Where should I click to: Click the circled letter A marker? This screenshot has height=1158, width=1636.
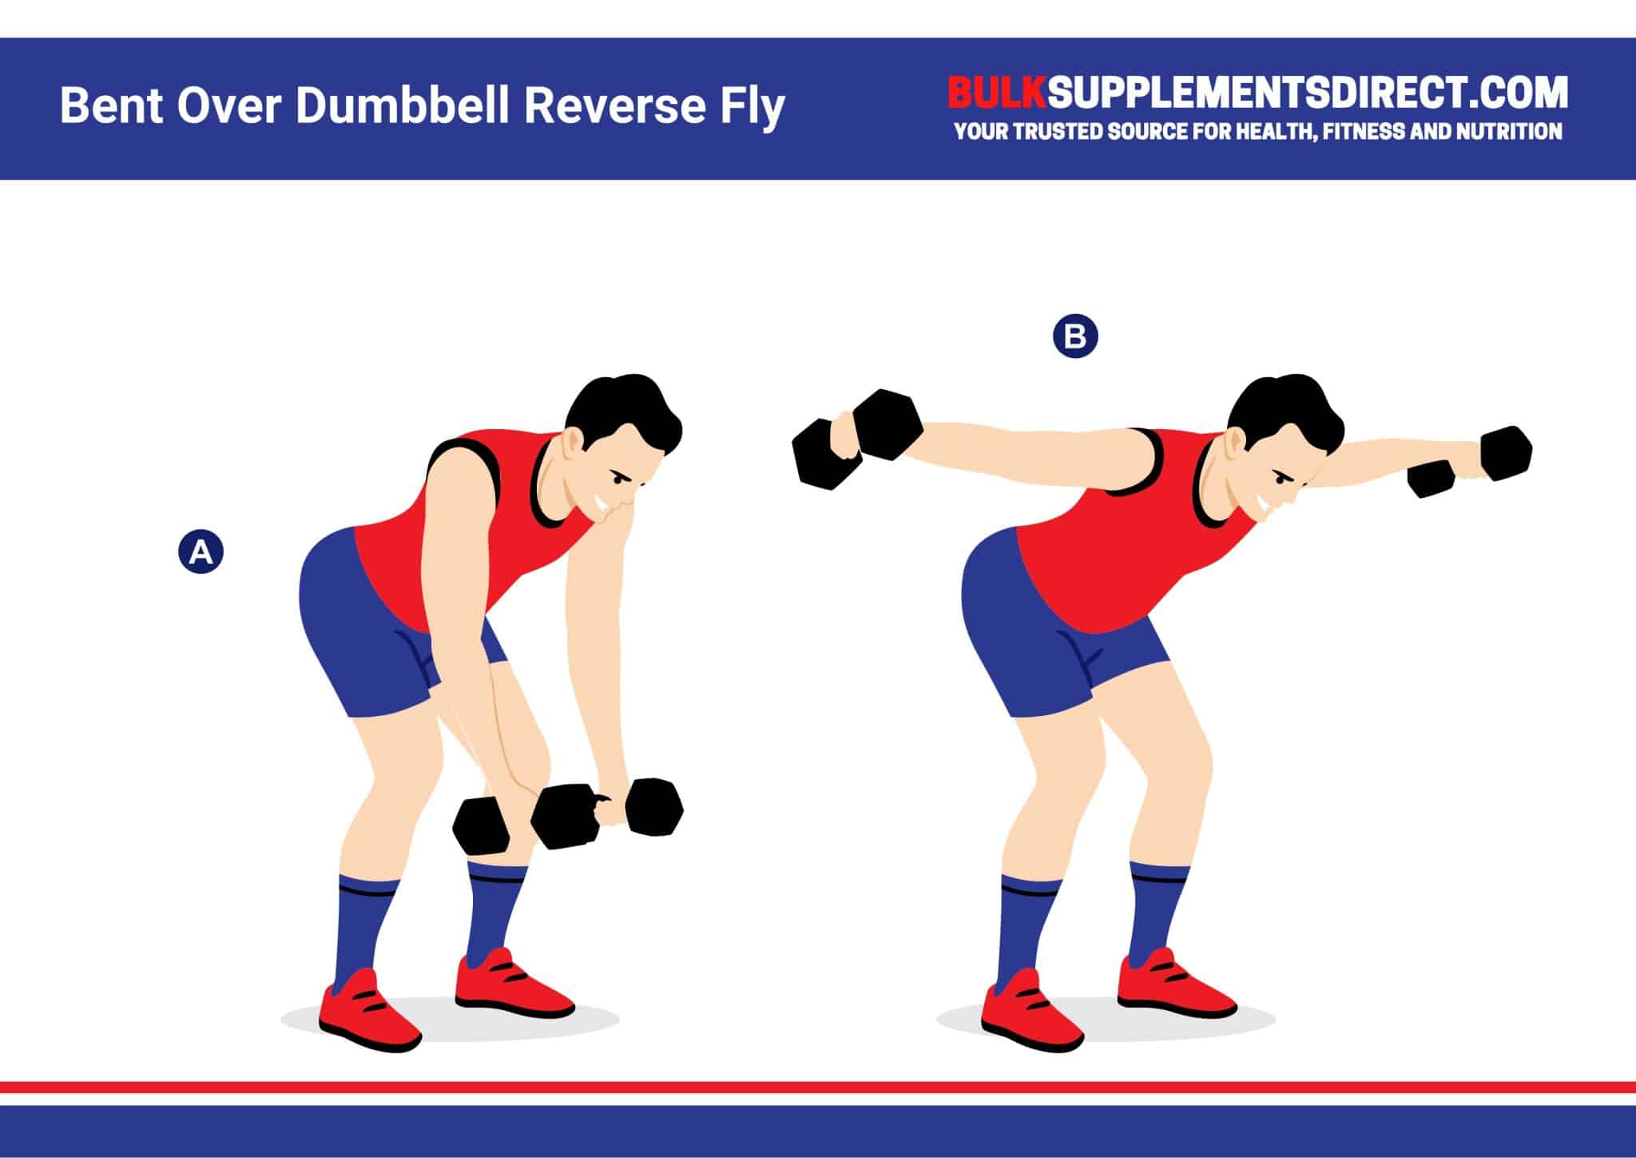point(201,552)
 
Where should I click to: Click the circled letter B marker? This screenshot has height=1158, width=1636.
point(1075,336)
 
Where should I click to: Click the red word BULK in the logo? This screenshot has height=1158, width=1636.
point(995,94)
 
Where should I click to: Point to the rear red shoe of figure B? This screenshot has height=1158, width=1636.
point(1026,1011)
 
